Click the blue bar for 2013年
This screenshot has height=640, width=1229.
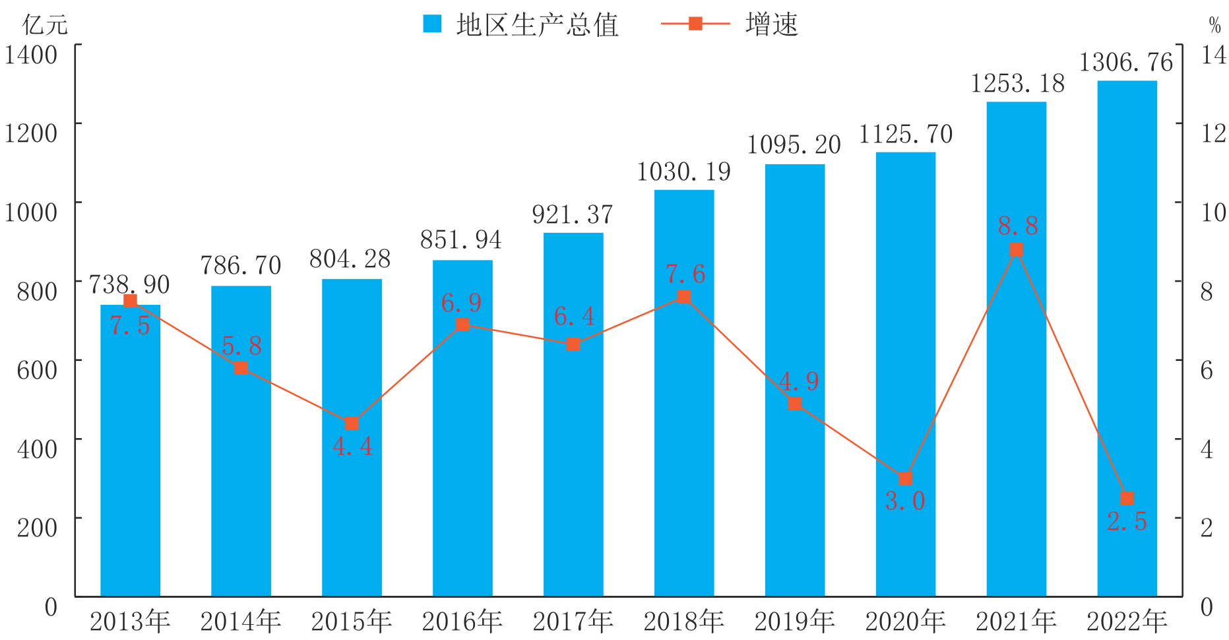point(130,451)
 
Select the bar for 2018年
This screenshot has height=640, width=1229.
point(684,393)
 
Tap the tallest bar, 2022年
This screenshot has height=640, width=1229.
point(1127,338)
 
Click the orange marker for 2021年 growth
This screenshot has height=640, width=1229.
point(1017,249)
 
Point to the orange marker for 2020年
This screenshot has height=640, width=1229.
point(906,478)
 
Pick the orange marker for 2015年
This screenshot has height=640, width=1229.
point(352,423)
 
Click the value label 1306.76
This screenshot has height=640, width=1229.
point(1127,63)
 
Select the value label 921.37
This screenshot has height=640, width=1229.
point(573,214)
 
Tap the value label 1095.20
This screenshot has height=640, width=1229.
point(794,145)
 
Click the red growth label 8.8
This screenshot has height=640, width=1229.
point(1018,226)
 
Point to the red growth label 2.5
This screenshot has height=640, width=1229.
point(1127,521)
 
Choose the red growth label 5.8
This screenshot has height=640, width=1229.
point(241,345)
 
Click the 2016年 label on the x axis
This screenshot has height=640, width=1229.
point(462,622)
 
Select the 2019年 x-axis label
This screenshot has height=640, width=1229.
point(795,622)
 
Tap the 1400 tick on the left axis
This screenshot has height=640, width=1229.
point(31,54)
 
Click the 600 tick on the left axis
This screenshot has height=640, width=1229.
point(37,369)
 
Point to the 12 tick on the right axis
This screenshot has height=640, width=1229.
point(1213,133)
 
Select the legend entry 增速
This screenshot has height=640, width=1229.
point(731,24)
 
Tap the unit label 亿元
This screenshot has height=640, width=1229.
point(45,25)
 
